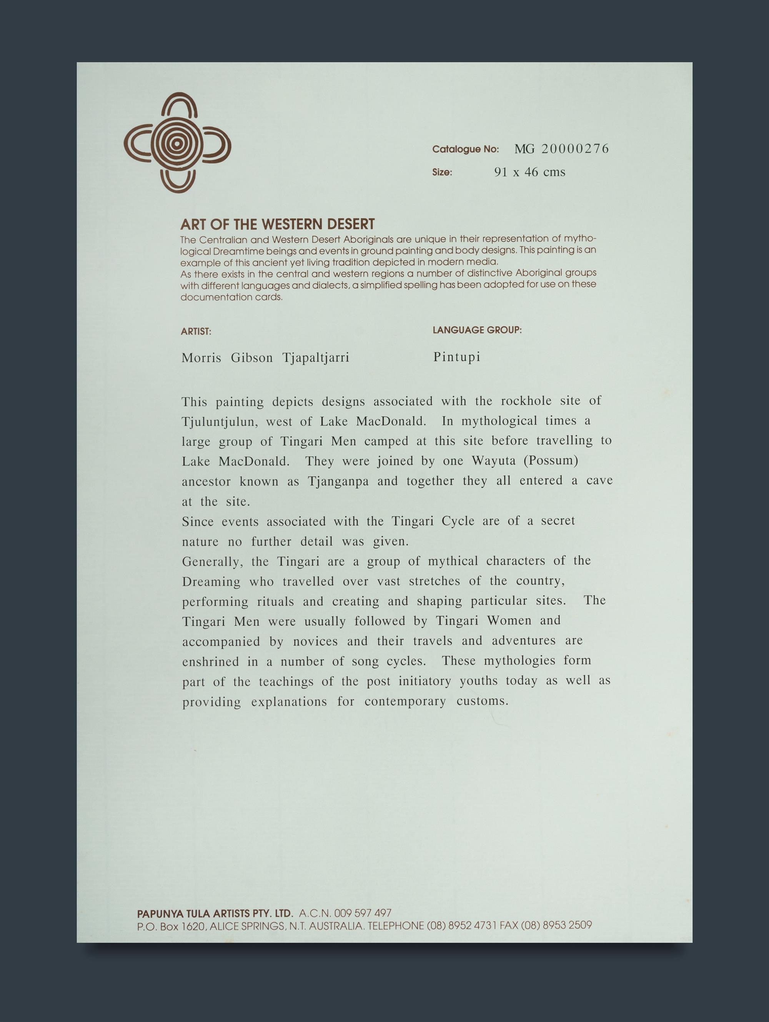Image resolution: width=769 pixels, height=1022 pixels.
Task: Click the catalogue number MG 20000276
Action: (x=561, y=149)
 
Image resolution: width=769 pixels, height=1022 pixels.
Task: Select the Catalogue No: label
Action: (x=465, y=149)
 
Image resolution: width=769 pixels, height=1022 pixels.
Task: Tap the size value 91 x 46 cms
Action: (x=529, y=172)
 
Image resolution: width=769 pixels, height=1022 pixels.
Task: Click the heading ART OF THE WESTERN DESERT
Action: (x=277, y=225)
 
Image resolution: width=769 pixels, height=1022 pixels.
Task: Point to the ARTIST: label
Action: (x=196, y=331)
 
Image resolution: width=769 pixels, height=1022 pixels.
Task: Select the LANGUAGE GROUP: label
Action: (x=477, y=330)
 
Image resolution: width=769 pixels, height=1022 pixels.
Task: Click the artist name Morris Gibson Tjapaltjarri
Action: (x=265, y=358)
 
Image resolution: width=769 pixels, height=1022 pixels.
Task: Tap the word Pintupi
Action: (x=457, y=357)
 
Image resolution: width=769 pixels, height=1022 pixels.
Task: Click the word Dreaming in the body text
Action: (x=211, y=582)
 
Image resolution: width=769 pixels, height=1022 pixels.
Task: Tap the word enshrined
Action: (x=210, y=662)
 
